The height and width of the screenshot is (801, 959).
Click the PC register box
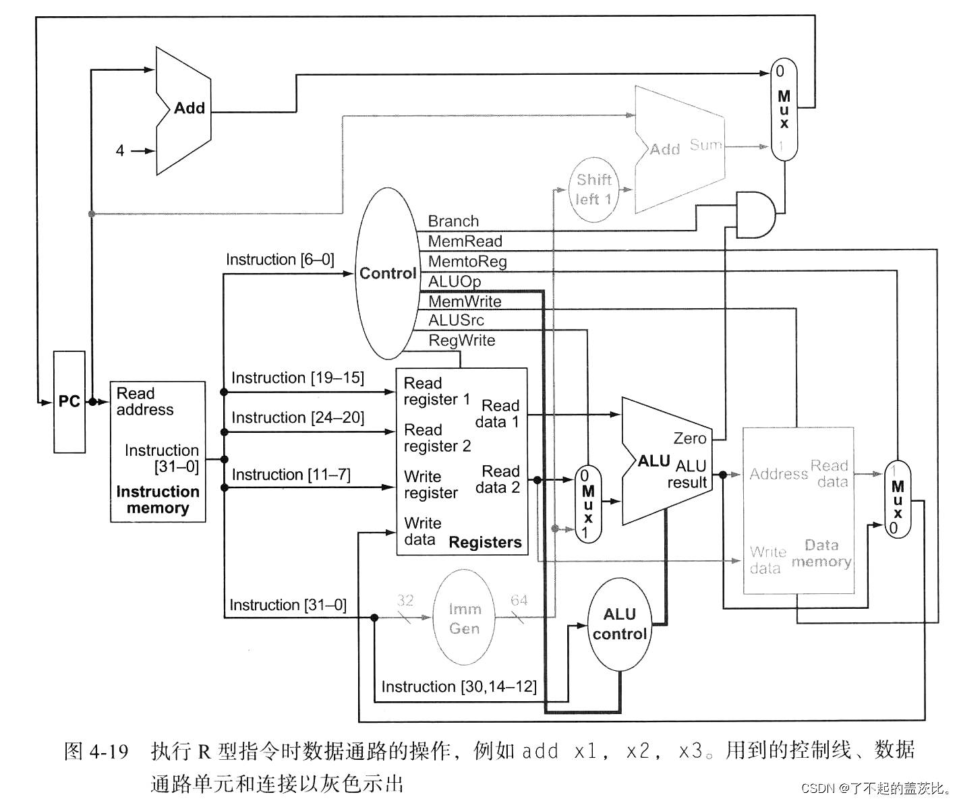click(69, 401)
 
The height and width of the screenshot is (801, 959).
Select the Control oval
click(387, 273)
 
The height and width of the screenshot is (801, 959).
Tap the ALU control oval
click(619, 624)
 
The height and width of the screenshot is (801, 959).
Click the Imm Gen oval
click(464, 618)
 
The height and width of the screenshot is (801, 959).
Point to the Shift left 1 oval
click(593, 189)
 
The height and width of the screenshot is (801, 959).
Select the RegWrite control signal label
click(462, 340)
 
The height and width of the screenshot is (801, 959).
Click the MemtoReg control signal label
click(467, 261)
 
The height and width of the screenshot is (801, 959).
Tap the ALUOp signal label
click(455, 281)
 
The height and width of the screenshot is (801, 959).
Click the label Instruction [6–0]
click(280, 260)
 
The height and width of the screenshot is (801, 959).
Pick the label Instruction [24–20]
click(297, 417)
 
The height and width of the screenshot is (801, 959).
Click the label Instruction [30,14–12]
click(459, 686)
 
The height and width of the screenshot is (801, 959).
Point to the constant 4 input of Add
click(120, 150)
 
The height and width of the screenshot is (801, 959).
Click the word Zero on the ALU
click(689, 438)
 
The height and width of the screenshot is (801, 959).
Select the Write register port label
click(430, 485)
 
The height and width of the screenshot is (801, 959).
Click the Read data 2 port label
click(498, 479)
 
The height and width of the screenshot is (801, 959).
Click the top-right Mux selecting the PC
click(784, 109)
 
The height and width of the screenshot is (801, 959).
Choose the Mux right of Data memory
click(897, 499)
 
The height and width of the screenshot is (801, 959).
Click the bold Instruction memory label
click(158, 500)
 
